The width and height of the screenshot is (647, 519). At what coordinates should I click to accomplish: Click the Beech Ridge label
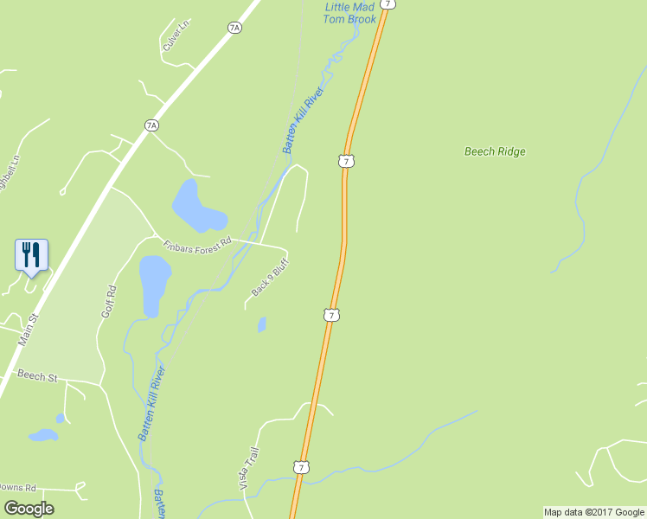point(495,151)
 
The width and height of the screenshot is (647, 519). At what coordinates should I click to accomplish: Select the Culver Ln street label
point(173,38)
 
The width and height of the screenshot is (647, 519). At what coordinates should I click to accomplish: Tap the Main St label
point(29,331)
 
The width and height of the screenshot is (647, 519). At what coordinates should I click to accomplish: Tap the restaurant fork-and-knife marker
point(31,254)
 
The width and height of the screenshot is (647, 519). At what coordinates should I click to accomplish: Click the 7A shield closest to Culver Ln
point(234,28)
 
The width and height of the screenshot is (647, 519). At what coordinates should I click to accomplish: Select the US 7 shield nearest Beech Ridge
point(345,161)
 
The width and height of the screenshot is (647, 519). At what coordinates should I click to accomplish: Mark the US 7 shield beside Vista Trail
point(300,467)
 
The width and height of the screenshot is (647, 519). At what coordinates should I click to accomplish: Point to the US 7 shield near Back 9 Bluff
point(331,315)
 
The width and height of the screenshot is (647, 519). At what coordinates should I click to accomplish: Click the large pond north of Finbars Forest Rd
point(195,206)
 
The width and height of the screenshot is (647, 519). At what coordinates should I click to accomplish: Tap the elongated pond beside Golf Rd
point(154,284)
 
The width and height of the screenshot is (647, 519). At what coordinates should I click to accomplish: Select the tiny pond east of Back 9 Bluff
point(261,324)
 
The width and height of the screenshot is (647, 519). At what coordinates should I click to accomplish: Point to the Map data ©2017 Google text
point(593,512)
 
